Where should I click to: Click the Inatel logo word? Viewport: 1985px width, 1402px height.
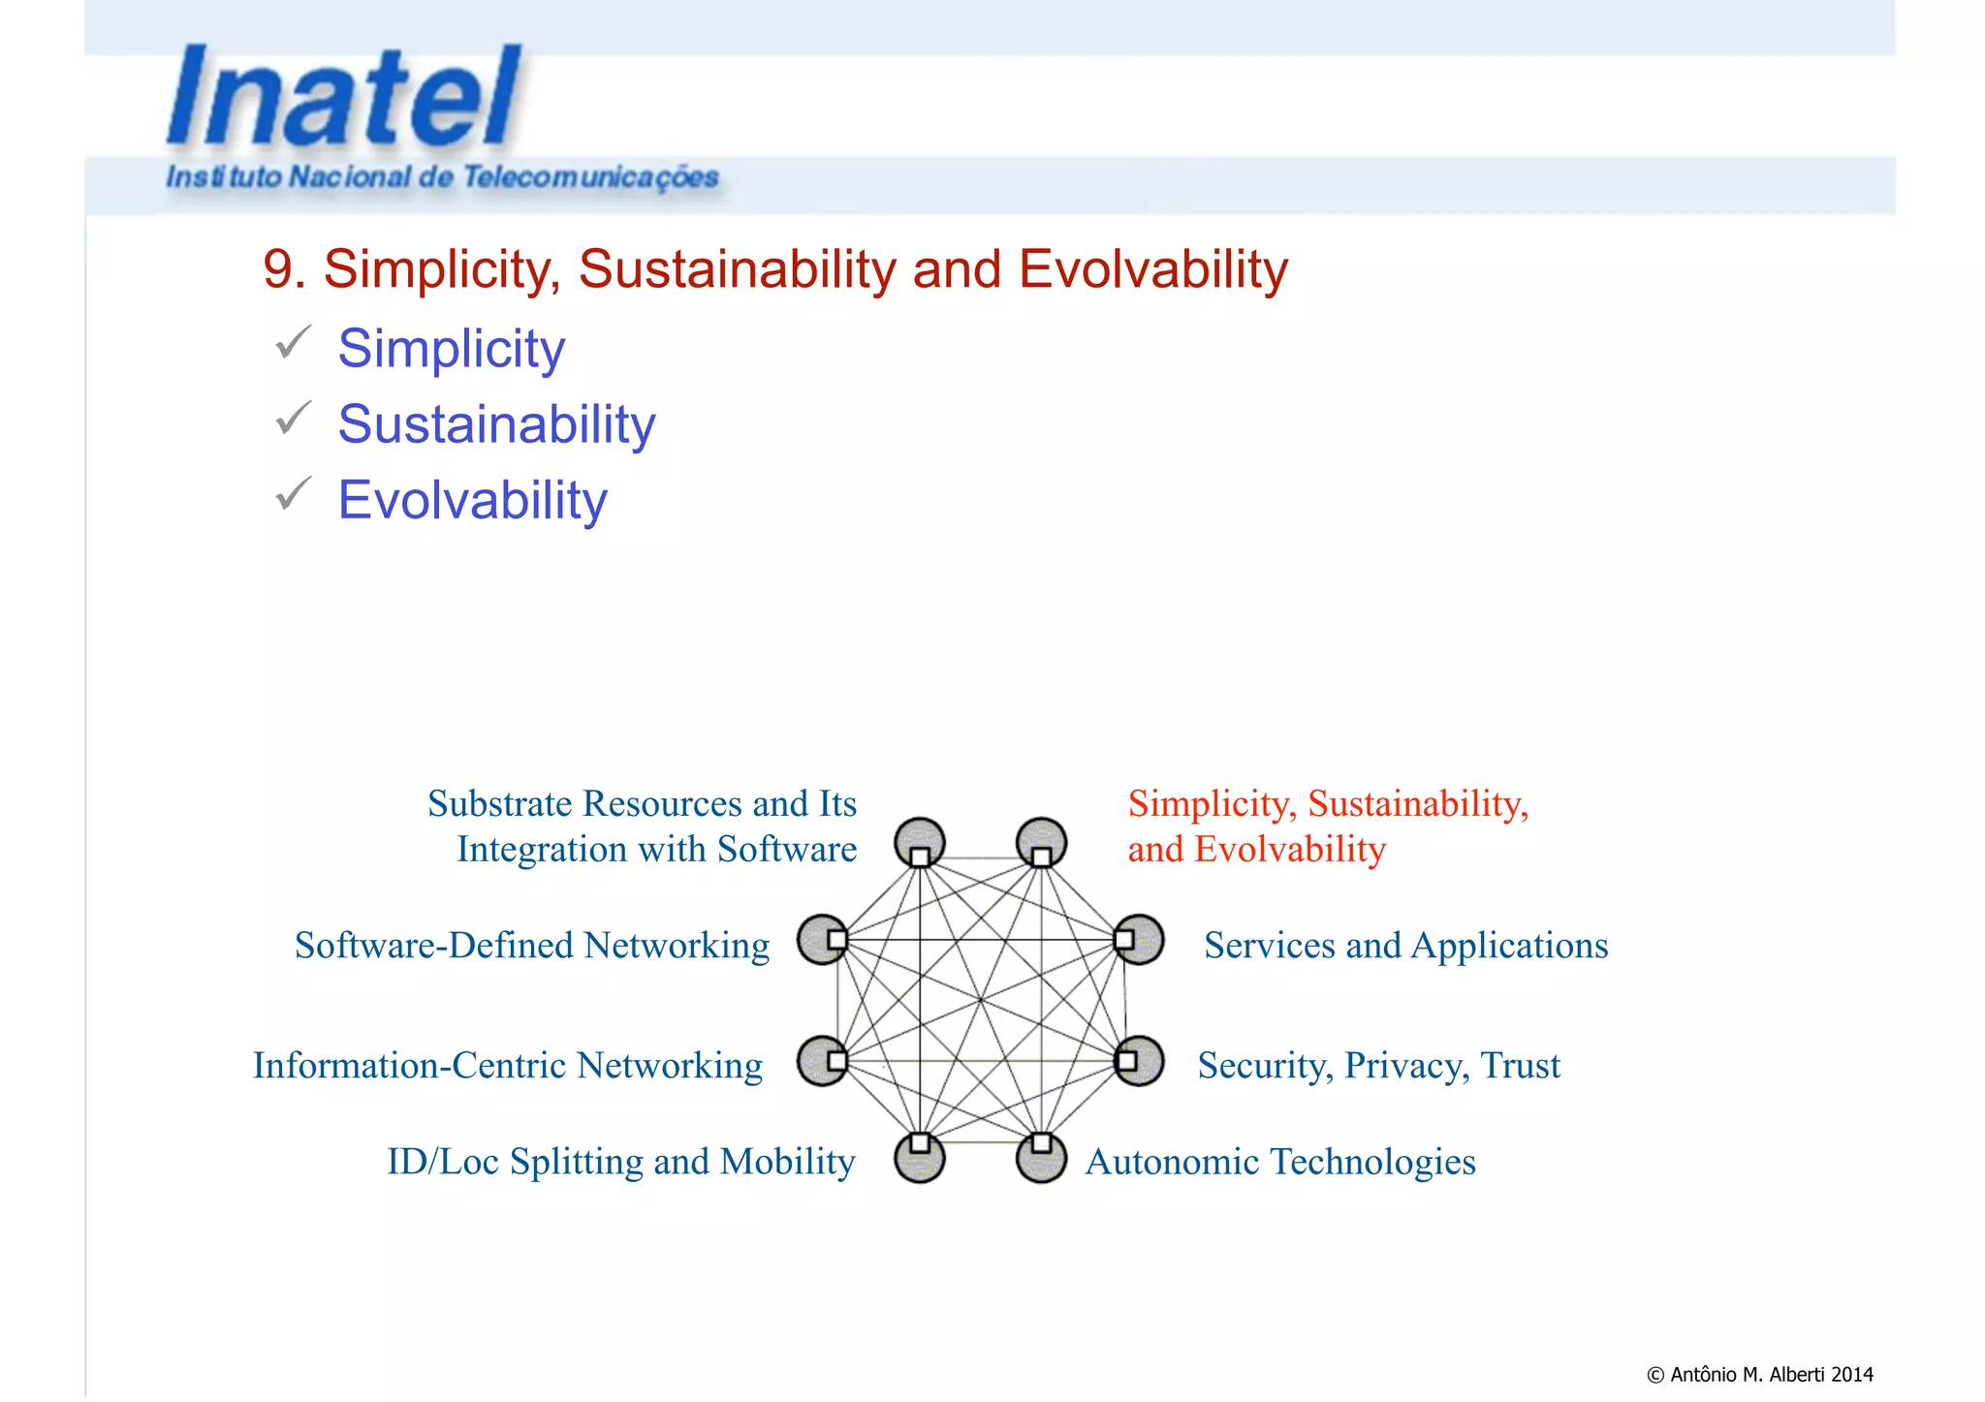pos(344,97)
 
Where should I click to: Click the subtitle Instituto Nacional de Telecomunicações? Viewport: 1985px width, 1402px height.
pos(442,177)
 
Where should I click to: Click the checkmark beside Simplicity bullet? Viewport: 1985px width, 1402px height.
pos(293,343)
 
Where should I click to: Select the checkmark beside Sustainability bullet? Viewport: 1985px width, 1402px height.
pos(293,419)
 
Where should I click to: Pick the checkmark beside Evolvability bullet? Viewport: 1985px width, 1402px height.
pos(293,494)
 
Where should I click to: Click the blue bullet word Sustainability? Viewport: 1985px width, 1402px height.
pos(496,424)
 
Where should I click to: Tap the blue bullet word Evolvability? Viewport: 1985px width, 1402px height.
pos(472,500)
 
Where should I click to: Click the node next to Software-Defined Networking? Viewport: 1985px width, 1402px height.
pos(824,939)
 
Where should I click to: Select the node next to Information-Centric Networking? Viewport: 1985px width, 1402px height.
pos(824,1060)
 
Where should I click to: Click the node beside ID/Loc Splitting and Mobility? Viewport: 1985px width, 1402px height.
pos(920,1156)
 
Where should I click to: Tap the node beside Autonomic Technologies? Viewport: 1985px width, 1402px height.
pos(1041,1156)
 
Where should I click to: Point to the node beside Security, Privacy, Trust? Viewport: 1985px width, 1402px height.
pos(1138,1060)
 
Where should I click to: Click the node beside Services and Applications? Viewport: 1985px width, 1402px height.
pos(1138,939)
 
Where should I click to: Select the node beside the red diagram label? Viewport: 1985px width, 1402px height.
pos(1041,843)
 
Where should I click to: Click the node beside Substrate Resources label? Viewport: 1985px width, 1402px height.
pos(920,843)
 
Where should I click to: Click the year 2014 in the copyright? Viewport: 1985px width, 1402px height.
pos(1852,1374)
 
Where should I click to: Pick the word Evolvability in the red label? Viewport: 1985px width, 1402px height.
pos(1289,850)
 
